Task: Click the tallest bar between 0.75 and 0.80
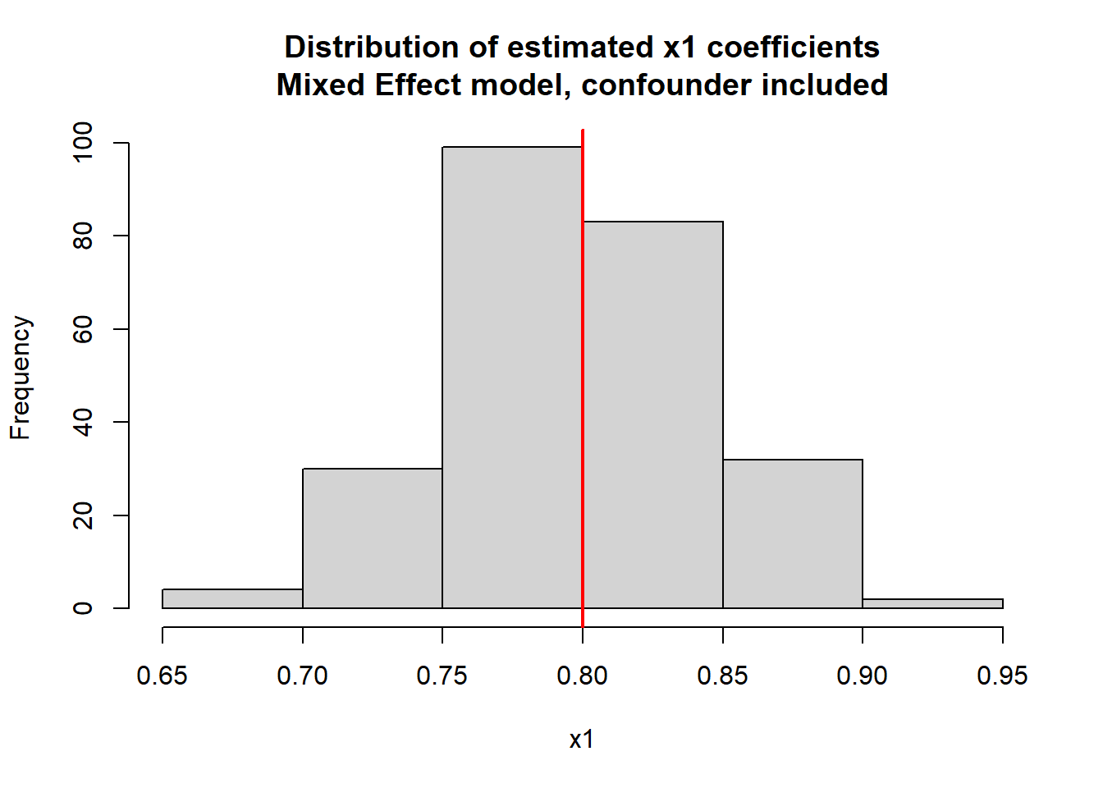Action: pyautogui.click(x=512, y=378)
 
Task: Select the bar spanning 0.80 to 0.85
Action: pyautogui.click(x=652, y=415)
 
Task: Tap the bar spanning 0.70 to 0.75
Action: pyautogui.click(x=373, y=538)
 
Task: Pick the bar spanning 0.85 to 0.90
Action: pyautogui.click(x=793, y=534)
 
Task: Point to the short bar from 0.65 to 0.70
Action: pyautogui.click(x=232, y=599)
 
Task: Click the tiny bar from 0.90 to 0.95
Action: pyautogui.click(x=932, y=603)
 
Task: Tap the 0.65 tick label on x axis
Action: pyautogui.click(x=162, y=676)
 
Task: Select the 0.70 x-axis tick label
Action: pyautogui.click(x=303, y=676)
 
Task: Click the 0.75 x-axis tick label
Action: pyautogui.click(x=442, y=676)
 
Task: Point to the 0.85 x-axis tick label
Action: pyautogui.click(x=722, y=676)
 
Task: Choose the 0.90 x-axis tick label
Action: pyautogui.click(x=863, y=676)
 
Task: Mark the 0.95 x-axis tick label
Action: pyautogui.click(x=1002, y=676)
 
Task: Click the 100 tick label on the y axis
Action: pyautogui.click(x=83, y=143)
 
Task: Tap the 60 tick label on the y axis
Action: pyautogui.click(x=83, y=329)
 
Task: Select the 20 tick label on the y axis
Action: pyautogui.click(x=83, y=515)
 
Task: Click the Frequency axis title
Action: pyautogui.click(x=21, y=378)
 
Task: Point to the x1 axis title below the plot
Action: pyautogui.click(x=582, y=740)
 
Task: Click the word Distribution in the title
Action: pyautogui.click(x=372, y=48)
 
